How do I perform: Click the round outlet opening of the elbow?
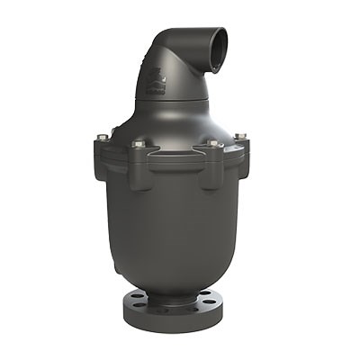click(213, 44)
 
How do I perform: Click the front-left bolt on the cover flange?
click(138, 144)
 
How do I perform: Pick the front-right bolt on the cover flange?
click(213, 144)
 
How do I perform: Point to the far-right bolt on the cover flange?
click(240, 137)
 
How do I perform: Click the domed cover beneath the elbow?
click(175, 121)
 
